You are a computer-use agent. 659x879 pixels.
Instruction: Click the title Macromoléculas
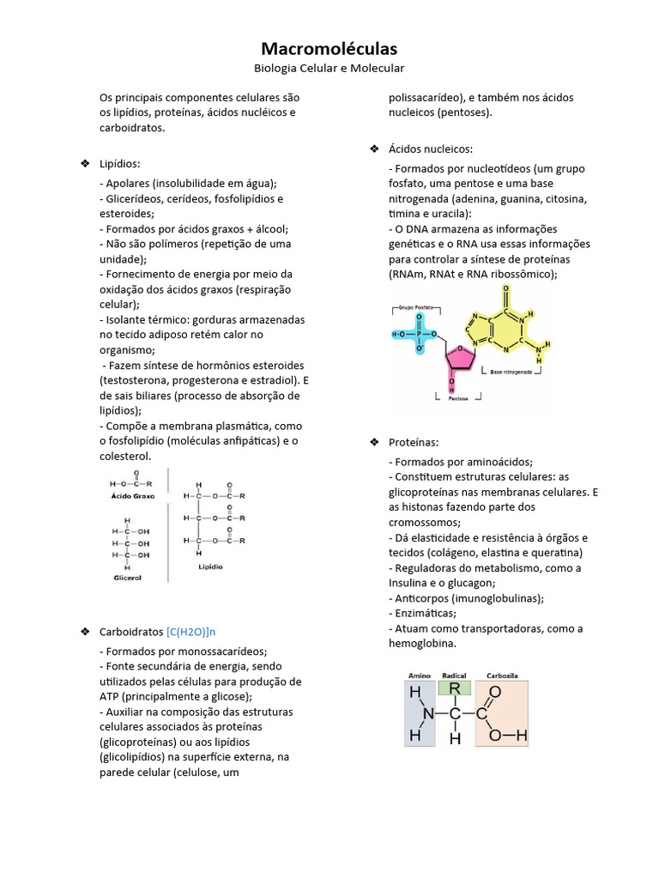(x=329, y=49)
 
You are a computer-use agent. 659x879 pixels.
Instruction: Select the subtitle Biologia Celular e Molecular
(x=329, y=68)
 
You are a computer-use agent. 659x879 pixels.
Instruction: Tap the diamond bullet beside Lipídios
(x=84, y=163)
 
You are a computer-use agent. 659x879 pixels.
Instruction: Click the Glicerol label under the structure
(x=127, y=578)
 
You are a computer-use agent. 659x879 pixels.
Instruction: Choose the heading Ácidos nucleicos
(x=430, y=149)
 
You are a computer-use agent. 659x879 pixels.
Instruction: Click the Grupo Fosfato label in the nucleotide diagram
(x=415, y=306)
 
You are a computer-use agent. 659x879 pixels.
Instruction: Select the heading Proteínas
(x=413, y=442)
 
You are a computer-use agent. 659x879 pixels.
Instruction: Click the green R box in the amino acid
(x=455, y=688)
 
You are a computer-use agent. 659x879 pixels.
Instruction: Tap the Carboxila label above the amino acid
(x=503, y=676)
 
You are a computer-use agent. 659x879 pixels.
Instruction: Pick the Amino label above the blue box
(x=420, y=676)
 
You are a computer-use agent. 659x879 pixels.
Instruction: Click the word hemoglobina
(x=422, y=644)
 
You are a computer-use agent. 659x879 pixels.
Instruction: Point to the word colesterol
(x=125, y=456)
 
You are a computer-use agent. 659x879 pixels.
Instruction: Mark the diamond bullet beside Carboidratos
(x=84, y=632)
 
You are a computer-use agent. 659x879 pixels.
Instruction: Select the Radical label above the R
(x=454, y=676)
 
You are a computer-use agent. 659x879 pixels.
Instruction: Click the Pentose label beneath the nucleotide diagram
(x=458, y=400)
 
